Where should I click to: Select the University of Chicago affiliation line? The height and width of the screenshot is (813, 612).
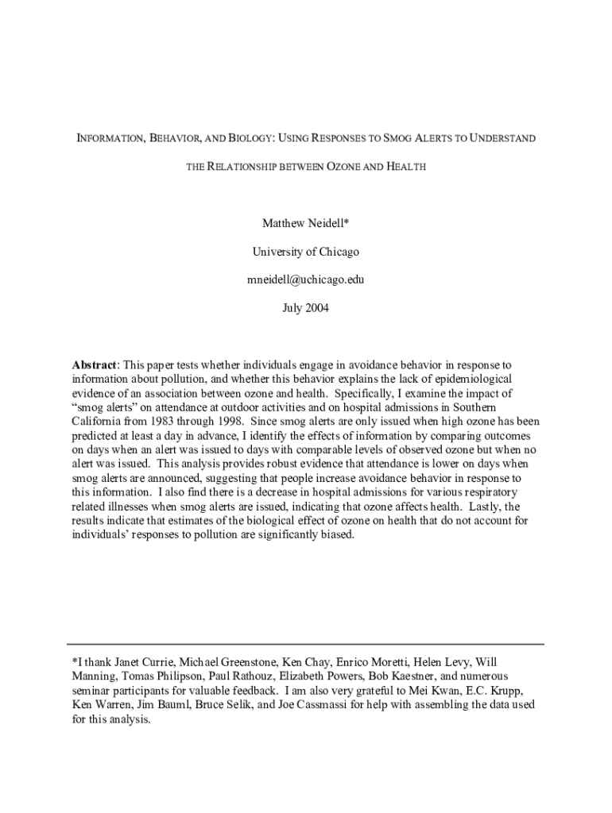pyautogui.click(x=306, y=252)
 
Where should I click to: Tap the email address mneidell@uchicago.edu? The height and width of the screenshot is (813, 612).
pyautogui.click(x=306, y=279)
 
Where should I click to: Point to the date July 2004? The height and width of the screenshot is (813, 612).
pyautogui.click(x=306, y=307)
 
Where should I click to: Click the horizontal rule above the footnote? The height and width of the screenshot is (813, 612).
pyautogui.click(x=306, y=643)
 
